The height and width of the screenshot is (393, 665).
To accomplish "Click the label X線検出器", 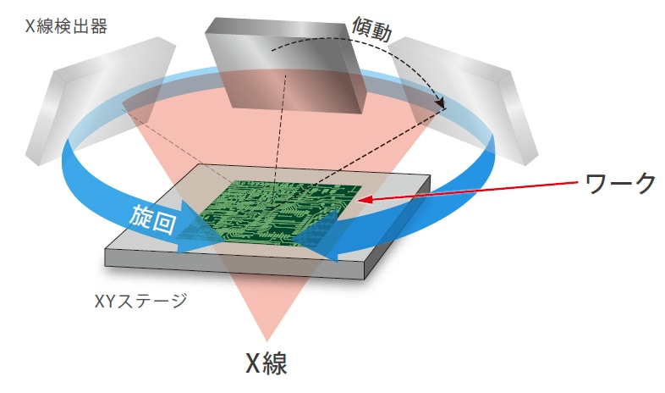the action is tap(66, 26).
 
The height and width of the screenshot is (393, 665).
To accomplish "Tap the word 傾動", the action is tap(372, 28).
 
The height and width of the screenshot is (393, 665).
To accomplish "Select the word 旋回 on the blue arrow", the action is tap(152, 219).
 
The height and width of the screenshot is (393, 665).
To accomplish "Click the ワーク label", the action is tap(620, 183).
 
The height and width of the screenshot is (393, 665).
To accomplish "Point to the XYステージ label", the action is tap(140, 301).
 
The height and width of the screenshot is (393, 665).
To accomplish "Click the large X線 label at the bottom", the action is tap(267, 363).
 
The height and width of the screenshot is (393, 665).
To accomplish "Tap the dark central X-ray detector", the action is tap(285, 66).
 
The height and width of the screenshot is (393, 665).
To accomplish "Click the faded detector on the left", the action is tap(101, 101).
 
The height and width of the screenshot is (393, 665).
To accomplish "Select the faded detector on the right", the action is tap(463, 100).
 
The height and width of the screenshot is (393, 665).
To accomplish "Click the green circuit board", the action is tap(280, 213).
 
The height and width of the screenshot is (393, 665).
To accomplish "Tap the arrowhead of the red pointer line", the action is tap(365, 199).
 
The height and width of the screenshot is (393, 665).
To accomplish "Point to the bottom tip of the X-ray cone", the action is tap(267, 340).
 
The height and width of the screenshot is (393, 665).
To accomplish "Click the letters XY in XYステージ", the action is tap(104, 302).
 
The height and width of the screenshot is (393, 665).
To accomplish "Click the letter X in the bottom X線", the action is tap(253, 363).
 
